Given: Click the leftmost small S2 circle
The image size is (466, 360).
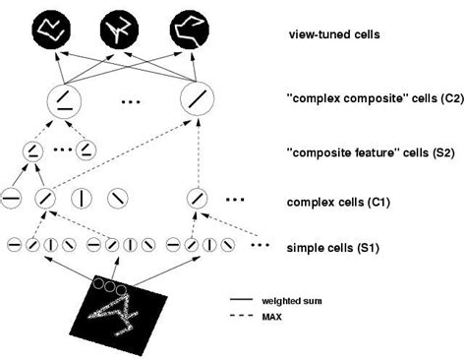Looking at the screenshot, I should point(31,150).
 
